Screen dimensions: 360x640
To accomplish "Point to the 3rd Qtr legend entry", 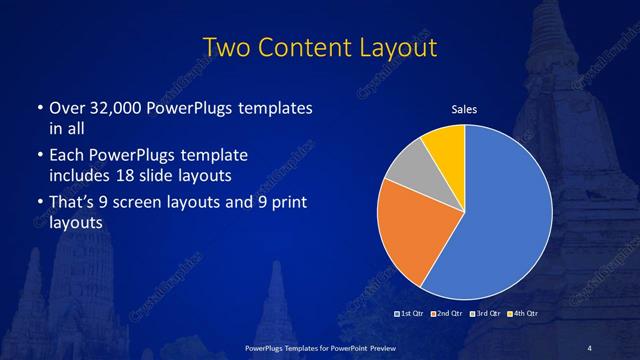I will point(484,314).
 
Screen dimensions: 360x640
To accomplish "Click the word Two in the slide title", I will point(225,47).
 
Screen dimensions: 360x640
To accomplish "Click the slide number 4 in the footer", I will point(590,347).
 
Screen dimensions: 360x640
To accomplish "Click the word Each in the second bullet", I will point(66,157).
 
